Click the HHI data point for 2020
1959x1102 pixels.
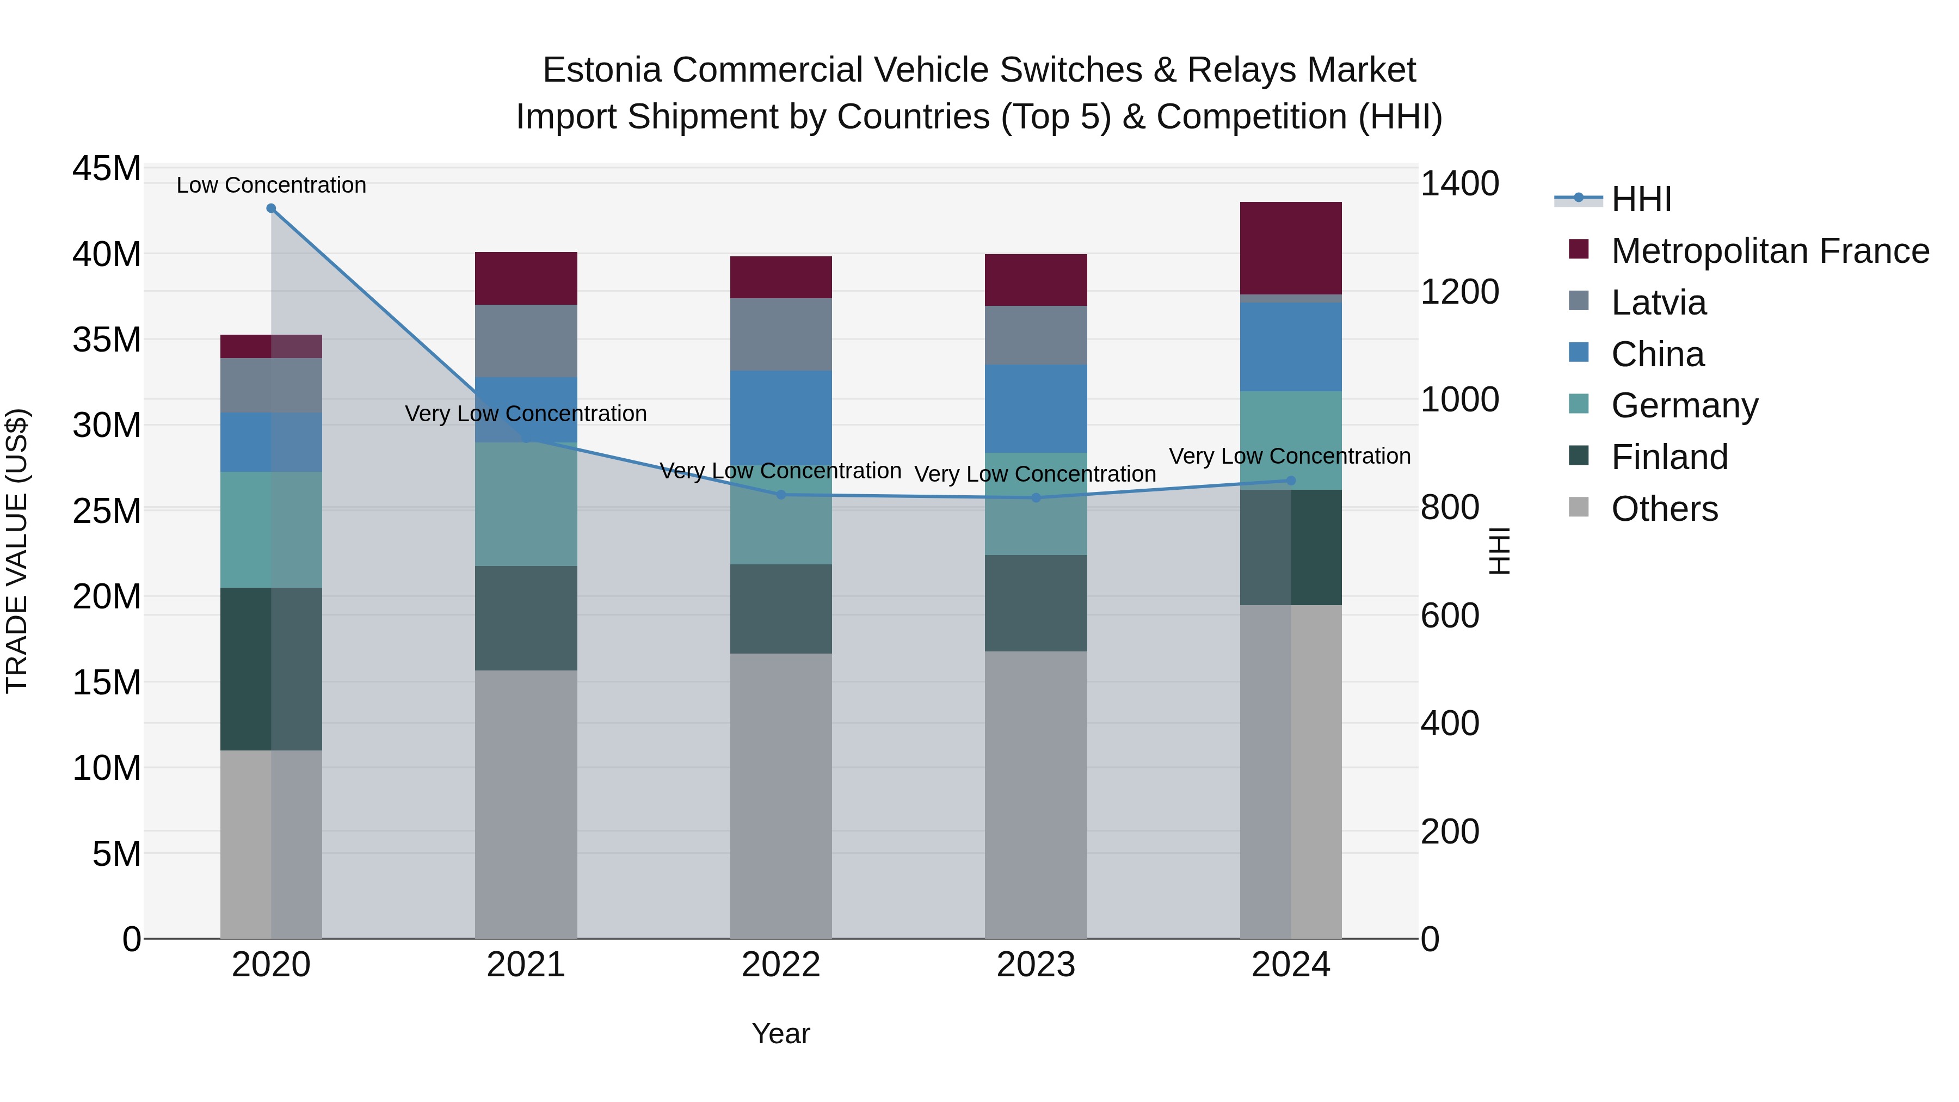pyautogui.click(x=271, y=208)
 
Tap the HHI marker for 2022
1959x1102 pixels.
pyautogui.click(x=780, y=495)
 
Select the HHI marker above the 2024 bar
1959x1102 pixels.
pyautogui.click(x=1291, y=481)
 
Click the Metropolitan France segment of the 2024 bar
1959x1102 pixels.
pyautogui.click(x=1291, y=248)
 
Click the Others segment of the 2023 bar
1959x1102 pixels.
pyautogui.click(x=1035, y=794)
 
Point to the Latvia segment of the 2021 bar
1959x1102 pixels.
pyautogui.click(x=526, y=341)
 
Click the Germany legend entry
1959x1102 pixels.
pyautogui.click(x=1684, y=405)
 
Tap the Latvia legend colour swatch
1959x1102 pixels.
pyautogui.click(x=1579, y=301)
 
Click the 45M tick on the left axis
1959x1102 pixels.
pyautogui.click(x=107, y=168)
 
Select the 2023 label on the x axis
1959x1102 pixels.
pyautogui.click(x=1035, y=965)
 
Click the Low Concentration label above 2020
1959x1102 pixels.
pyautogui.click(x=271, y=185)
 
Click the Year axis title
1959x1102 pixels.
pyautogui.click(x=780, y=1033)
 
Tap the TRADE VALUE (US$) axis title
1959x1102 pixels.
pyautogui.click(x=17, y=551)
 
